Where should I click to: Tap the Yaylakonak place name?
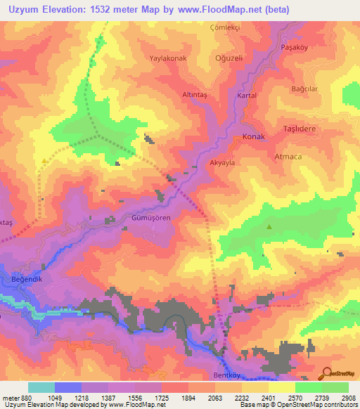(x=167, y=59)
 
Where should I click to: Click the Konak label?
(x=253, y=137)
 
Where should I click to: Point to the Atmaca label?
(x=288, y=156)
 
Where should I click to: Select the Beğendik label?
(x=28, y=279)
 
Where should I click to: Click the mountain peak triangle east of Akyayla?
(x=269, y=226)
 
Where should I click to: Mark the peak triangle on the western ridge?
(x=45, y=161)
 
